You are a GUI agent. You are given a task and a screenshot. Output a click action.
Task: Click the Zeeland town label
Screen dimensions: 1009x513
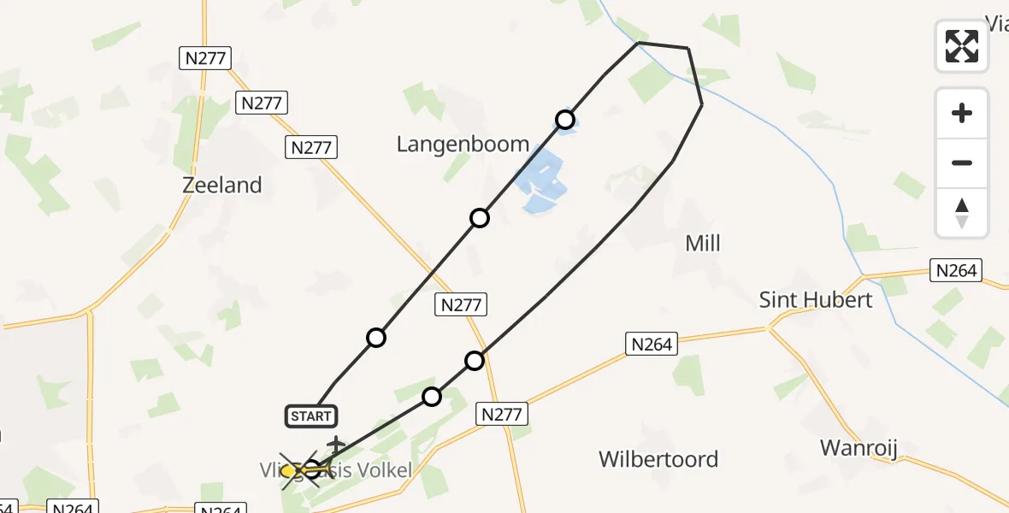[x=222, y=185]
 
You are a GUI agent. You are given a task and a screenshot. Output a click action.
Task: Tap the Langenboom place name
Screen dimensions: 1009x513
[x=463, y=144]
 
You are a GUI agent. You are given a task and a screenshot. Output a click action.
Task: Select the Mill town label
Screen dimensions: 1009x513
[x=703, y=244]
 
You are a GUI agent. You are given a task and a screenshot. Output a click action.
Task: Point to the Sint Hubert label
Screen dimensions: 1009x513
[x=816, y=299]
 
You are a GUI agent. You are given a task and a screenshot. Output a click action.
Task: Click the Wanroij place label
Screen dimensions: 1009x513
[x=857, y=447]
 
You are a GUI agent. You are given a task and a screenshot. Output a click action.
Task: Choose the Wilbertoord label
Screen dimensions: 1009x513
[x=658, y=459]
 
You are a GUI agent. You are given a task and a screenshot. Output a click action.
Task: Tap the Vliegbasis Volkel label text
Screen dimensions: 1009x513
[x=336, y=470]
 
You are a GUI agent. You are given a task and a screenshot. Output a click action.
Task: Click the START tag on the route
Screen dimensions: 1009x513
[x=310, y=416]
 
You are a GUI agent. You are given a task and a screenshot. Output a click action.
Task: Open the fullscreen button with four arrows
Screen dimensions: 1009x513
[x=962, y=46]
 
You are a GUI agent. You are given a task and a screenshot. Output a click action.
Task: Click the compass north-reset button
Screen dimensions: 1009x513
[x=962, y=213]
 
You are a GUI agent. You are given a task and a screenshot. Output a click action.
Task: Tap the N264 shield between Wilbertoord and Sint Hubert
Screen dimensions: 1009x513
[x=652, y=344]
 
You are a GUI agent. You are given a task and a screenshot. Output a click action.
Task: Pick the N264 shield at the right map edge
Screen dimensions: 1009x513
[x=956, y=271]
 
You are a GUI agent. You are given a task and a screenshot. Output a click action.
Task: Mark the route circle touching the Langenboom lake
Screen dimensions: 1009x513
[x=564, y=120]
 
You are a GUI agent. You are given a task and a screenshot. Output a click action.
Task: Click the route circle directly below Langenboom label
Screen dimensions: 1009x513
[x=480, y=218]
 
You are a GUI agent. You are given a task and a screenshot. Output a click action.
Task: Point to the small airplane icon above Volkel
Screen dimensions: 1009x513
[x=336, y=444]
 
